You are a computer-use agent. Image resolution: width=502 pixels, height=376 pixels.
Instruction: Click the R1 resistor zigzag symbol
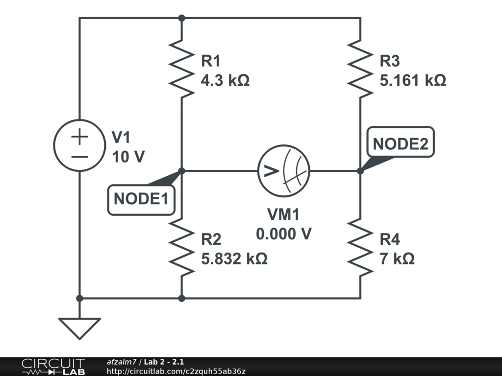[181, 69]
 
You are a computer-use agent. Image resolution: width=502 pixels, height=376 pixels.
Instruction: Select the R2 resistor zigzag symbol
[181, 247]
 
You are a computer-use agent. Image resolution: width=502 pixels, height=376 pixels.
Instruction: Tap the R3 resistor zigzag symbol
[360, 69]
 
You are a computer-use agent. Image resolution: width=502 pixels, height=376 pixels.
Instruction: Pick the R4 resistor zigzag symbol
[360, 247]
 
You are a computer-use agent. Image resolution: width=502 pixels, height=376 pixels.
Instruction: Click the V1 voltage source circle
[79, 145]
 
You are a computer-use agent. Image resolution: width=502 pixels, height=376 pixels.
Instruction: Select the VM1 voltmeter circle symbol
[284, 170]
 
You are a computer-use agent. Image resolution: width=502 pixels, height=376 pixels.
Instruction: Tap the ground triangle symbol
[79, 327]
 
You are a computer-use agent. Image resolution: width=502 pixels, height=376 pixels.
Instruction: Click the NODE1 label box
[141, 199]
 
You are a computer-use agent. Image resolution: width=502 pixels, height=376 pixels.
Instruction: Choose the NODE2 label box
[401, 144]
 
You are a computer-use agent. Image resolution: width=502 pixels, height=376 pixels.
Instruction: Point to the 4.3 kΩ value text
[225, 80]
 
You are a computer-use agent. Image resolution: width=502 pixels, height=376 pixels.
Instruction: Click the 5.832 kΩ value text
[234, 258]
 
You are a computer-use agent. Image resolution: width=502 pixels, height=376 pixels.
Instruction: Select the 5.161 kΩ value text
[413, 80]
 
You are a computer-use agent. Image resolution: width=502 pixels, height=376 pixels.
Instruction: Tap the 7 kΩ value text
[397, 258]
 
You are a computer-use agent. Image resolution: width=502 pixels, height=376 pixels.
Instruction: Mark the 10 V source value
[129, 157]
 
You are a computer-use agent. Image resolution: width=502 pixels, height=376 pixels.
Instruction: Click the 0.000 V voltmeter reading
[284, 234]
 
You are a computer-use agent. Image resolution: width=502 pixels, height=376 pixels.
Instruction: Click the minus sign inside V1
[79, 157]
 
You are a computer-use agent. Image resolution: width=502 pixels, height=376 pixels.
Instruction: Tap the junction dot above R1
[181, 18]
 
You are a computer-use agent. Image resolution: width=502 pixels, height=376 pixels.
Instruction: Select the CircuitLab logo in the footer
[53, 367]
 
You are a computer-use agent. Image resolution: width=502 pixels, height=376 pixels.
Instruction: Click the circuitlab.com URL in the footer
[176, 371]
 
